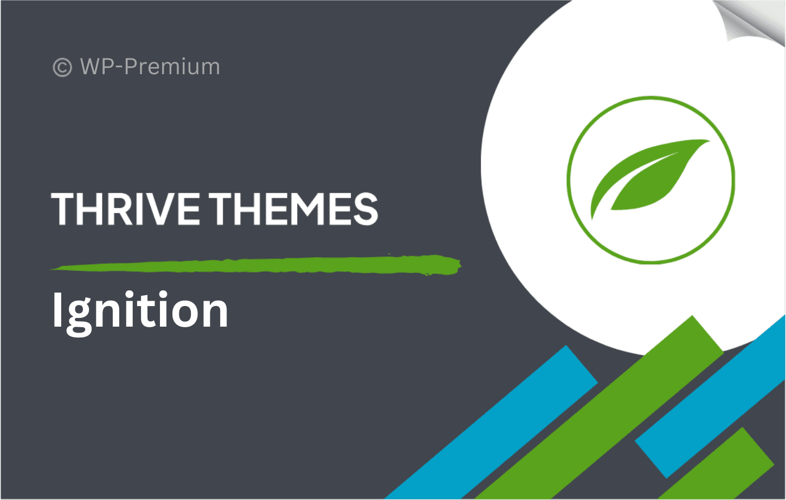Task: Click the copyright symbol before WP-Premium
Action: pos(62,67)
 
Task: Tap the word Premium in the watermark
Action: pos(172,66)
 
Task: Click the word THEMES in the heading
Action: pos(296,209)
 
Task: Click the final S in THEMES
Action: pos(366,209)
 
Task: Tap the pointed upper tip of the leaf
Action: pos(710,141)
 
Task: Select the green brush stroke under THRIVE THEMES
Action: pos(256,265)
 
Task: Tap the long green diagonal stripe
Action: pos(601,407)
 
